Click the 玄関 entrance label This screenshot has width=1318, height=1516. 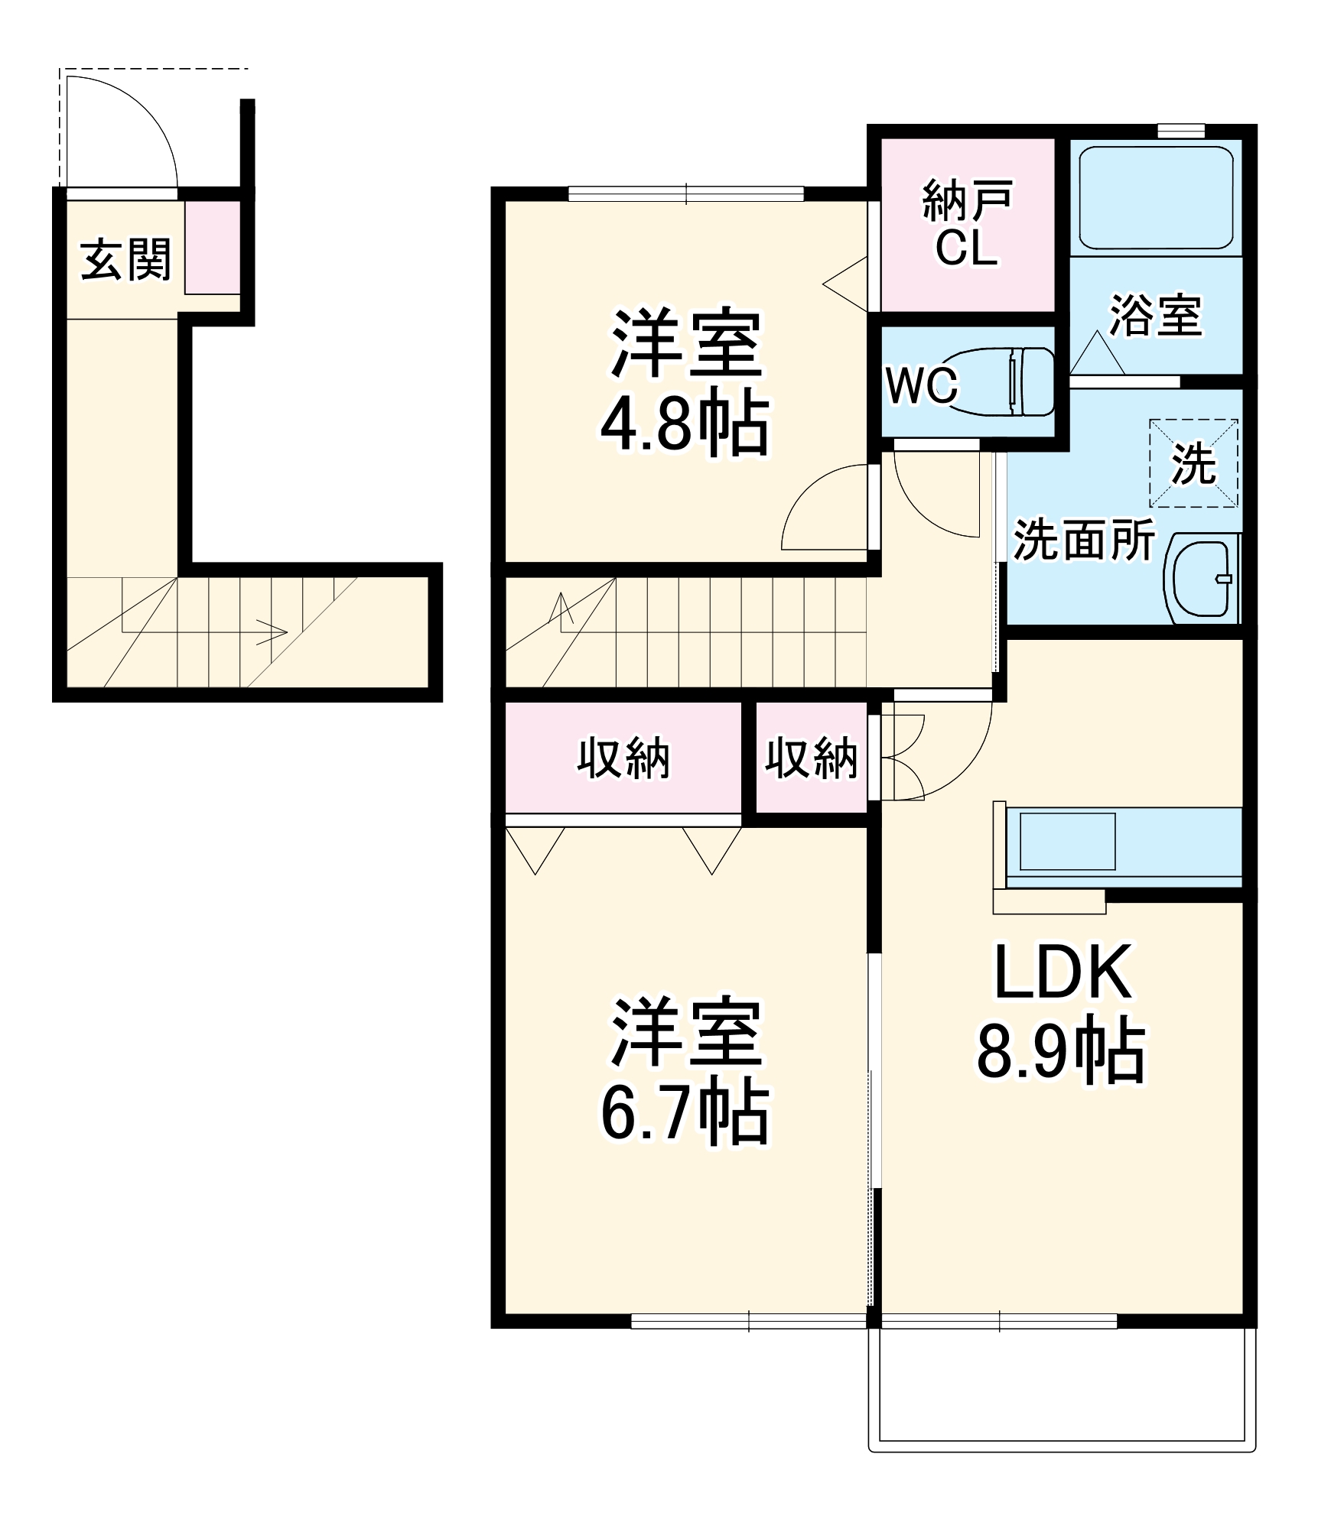pos(125,260)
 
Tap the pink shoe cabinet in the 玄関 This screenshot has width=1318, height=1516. pos(213,247)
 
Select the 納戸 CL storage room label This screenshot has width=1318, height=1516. pos(967,224)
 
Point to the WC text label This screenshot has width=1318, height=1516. pos(921,385)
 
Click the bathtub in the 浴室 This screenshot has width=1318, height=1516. pos(1155,198)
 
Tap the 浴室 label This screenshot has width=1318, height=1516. pos(1155,315)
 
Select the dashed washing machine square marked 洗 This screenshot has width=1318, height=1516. pos(1193,463)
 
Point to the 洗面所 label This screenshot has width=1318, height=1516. pos(1083,541)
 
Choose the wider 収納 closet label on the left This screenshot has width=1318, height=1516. pos(623,759)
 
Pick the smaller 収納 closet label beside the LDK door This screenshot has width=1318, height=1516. pos(811,759)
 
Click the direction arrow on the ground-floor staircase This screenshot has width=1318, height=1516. pos(272,632)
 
